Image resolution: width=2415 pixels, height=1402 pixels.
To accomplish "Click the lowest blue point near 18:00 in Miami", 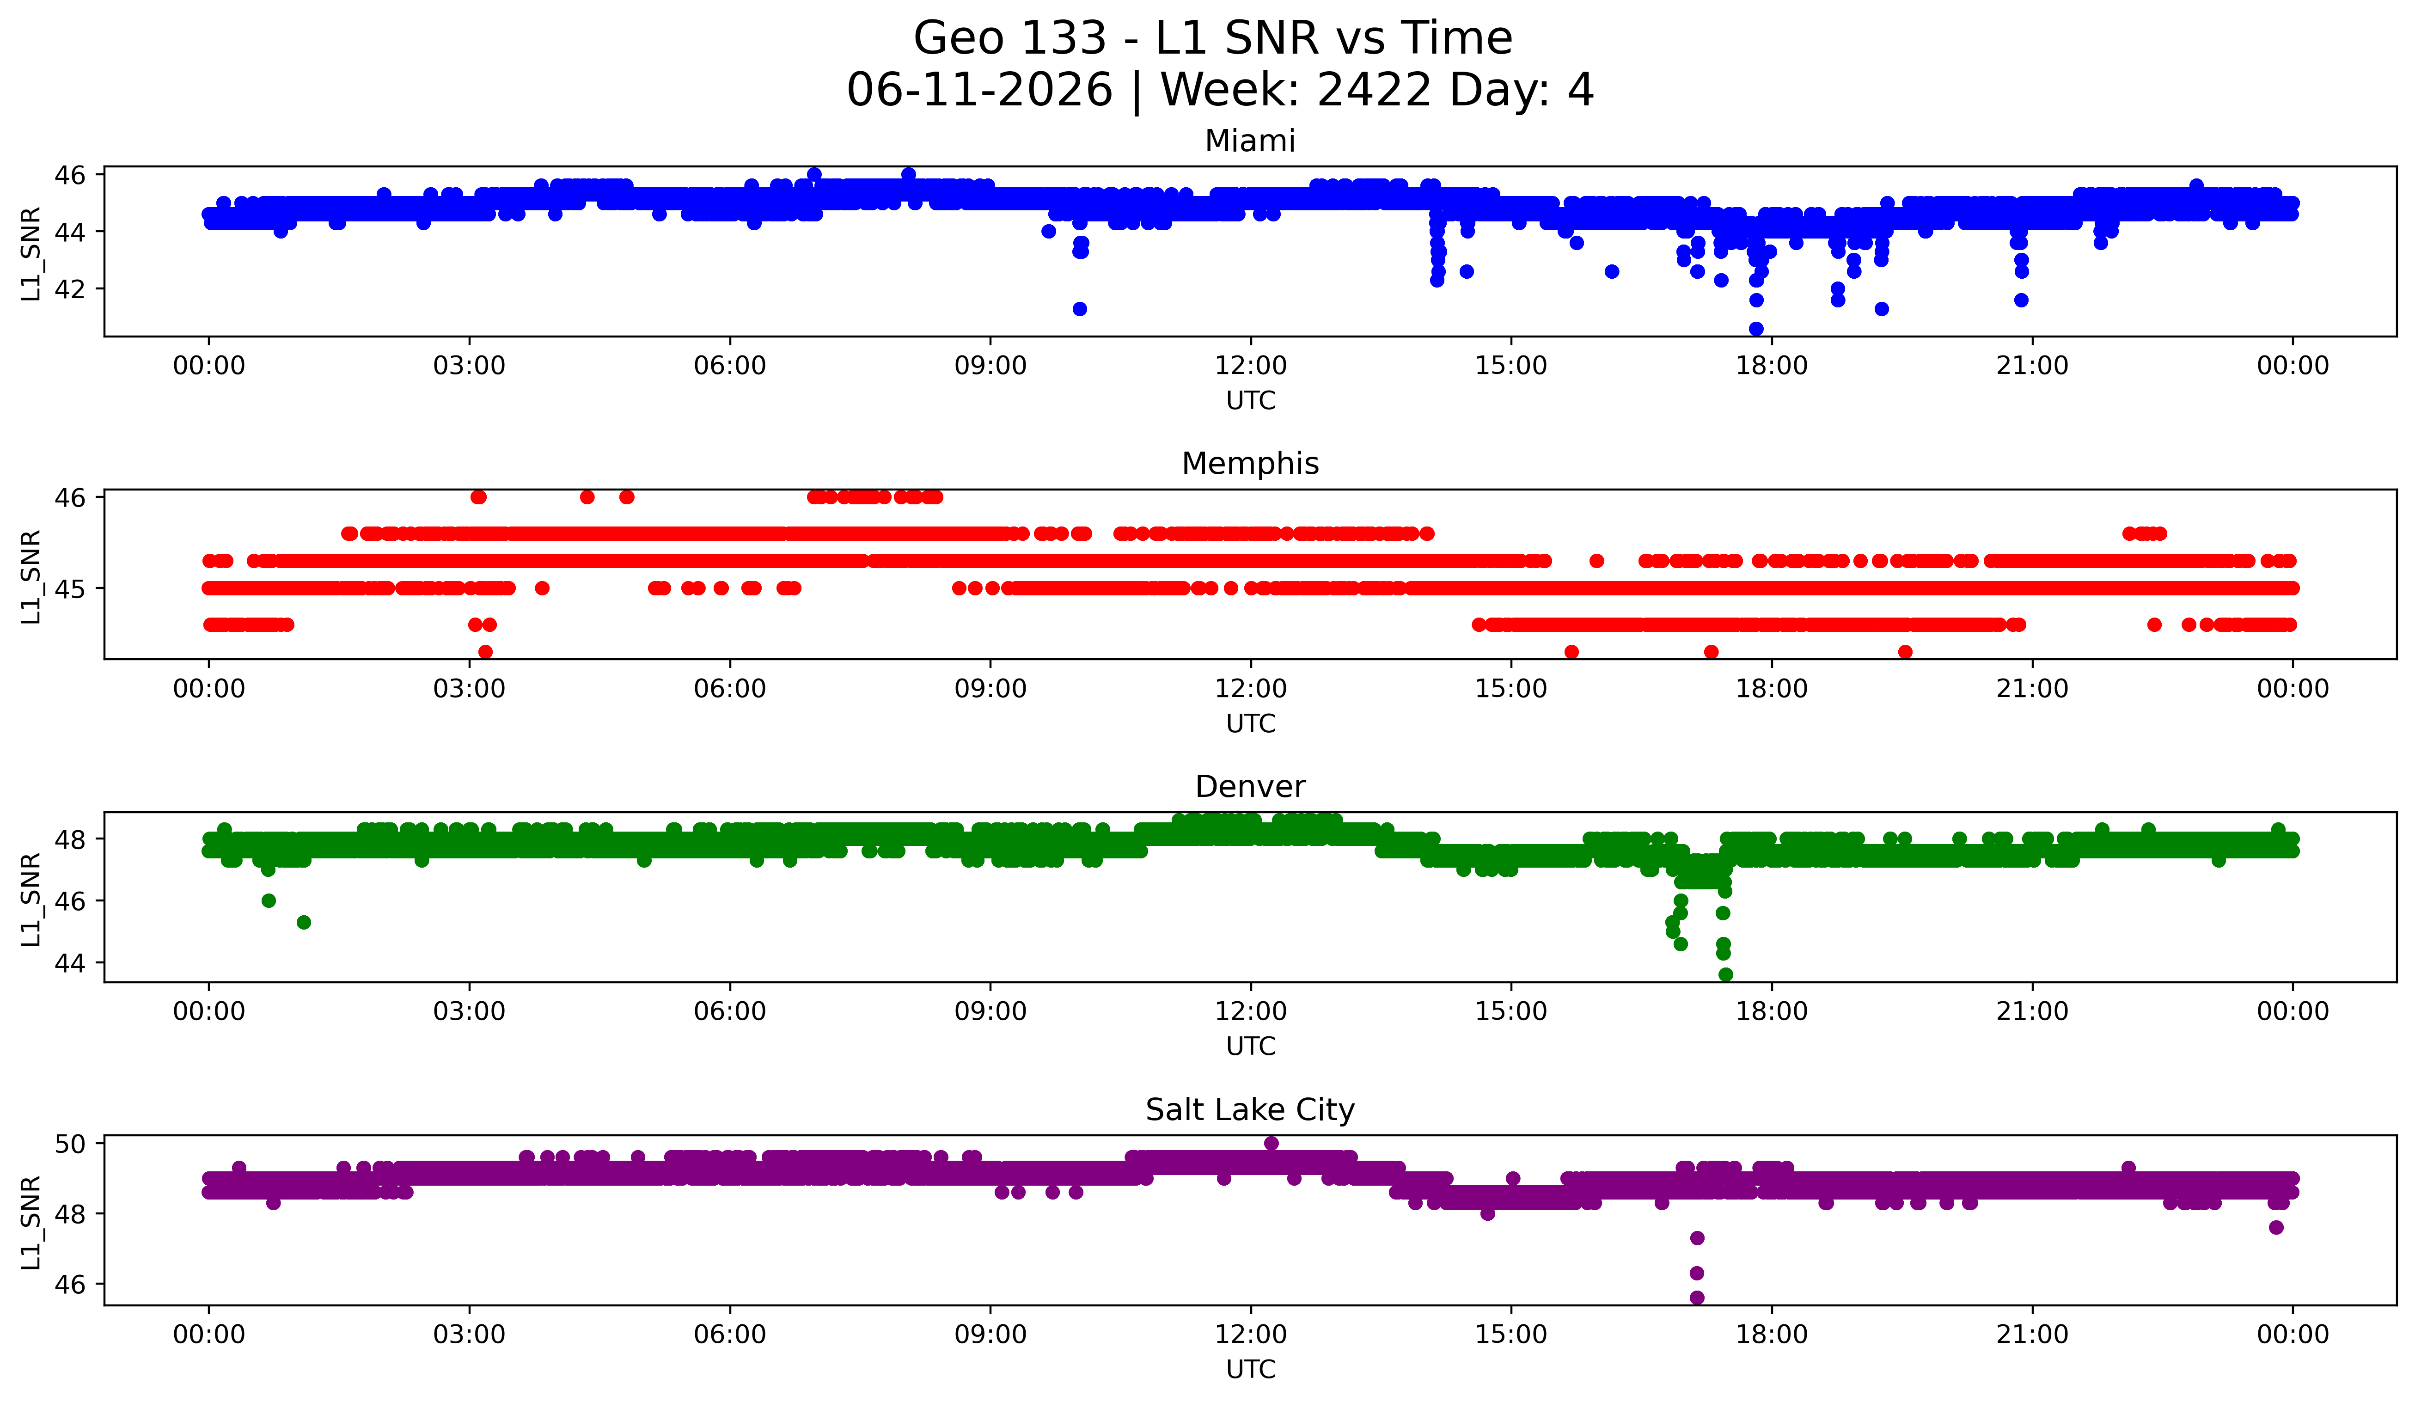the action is (1755, 329).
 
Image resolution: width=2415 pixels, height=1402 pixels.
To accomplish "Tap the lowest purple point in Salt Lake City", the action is (1696, 1298).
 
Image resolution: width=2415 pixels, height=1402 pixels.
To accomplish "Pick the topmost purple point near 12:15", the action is (1271, 1143).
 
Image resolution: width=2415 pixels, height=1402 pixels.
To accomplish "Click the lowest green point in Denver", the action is (1725, 974).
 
